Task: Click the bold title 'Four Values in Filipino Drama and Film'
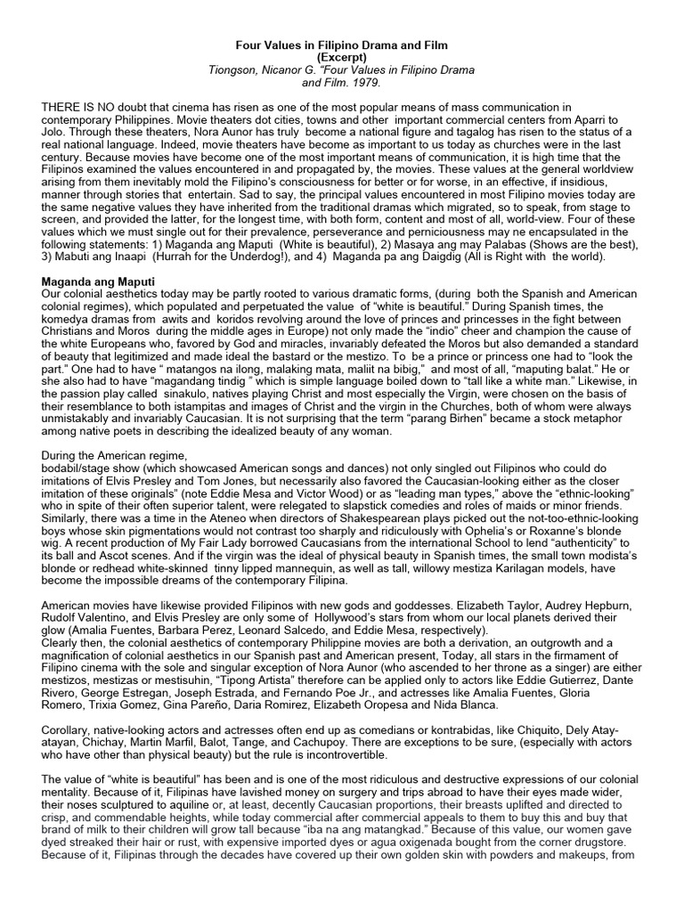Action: click(x=342, y=44)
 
